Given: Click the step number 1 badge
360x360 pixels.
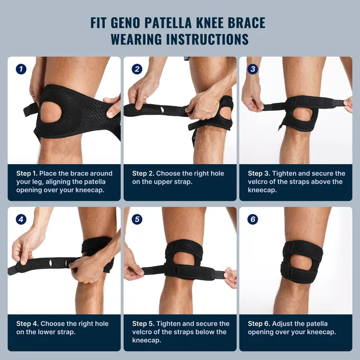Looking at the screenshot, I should point(21,69).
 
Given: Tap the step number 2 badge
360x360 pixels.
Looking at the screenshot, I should point(137,69).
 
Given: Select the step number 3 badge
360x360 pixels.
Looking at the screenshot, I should point(253,69).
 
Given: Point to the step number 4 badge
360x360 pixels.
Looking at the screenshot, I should point(21,219).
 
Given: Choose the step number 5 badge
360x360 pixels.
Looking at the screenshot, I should point(137,219).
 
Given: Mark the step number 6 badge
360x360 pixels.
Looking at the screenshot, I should point(253,219).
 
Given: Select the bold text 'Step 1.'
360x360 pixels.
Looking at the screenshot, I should point(28,173).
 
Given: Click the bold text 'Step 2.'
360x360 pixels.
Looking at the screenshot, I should point(144,173).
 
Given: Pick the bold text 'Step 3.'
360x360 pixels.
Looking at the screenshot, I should point(260,173).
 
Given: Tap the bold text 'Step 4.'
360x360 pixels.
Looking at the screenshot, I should point(28,323).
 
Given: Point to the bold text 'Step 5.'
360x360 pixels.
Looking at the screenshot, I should point(144,323).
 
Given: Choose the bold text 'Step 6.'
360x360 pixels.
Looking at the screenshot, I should point(260,323).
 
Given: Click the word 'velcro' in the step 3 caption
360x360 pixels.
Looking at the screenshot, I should point(259,182).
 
